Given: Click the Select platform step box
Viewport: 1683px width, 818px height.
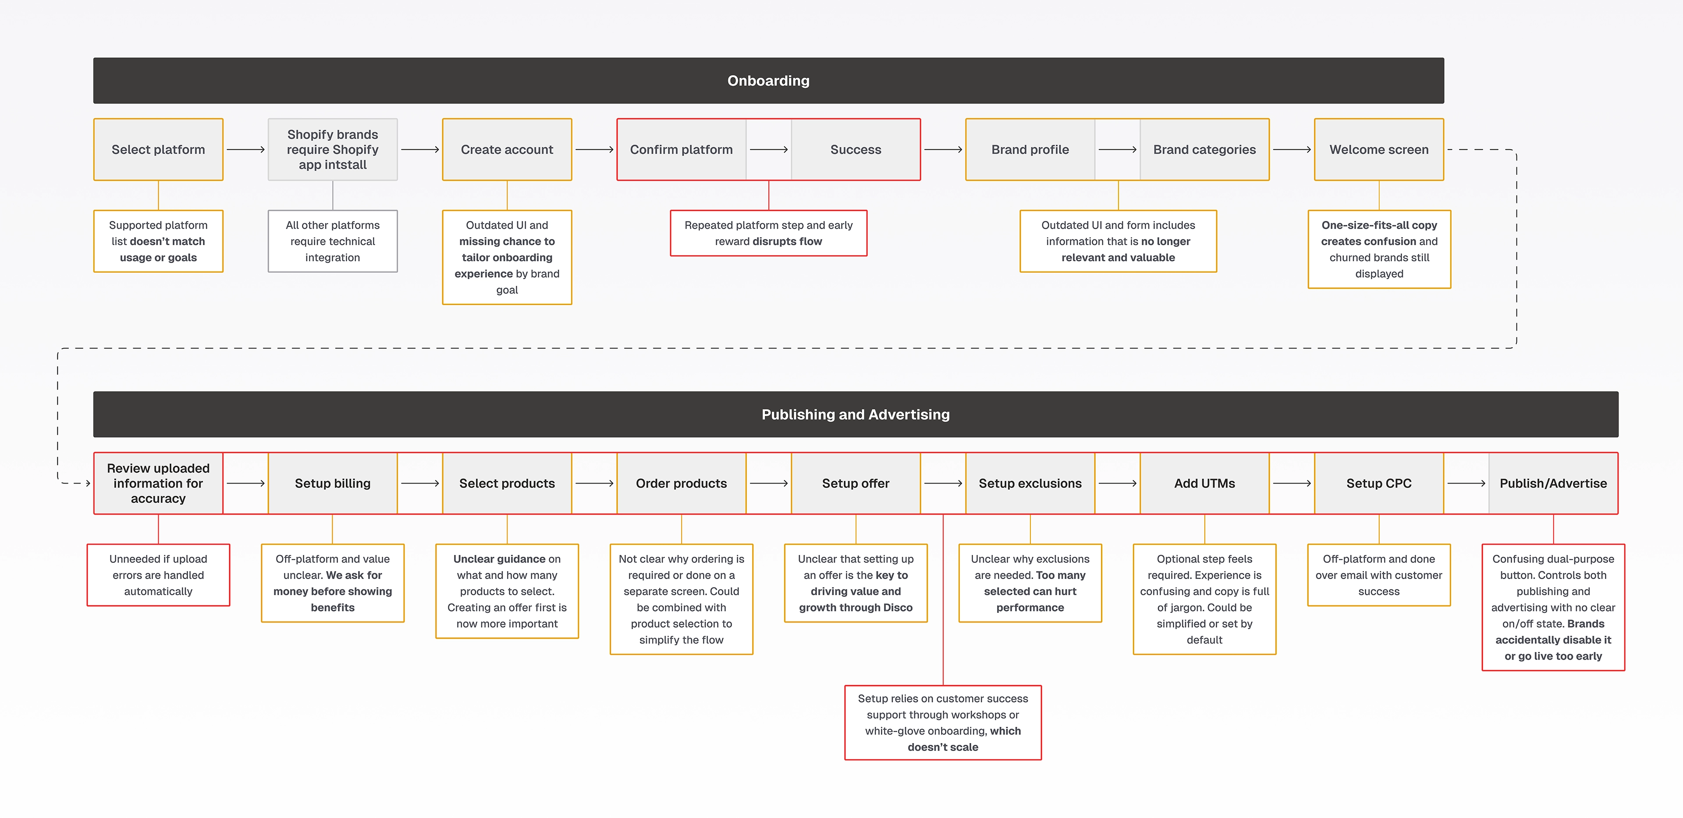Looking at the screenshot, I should coord(158,149).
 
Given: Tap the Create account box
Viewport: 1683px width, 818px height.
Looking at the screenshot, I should coord(507,149).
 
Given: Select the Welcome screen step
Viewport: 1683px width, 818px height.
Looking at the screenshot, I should coord(1378,149).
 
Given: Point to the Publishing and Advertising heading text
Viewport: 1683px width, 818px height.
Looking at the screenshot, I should coord(855,415).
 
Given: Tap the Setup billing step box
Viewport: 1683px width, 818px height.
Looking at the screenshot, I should coord(333,484).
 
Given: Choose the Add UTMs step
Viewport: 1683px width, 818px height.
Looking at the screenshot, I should coord(1204,484).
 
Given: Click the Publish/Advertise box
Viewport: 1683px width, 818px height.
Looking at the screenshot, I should coord(1553,484).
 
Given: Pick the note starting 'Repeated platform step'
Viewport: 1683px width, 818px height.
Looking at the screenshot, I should coord(768,233).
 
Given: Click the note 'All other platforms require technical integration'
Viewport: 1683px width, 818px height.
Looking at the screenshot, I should coord(333,241).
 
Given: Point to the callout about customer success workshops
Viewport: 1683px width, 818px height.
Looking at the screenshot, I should coord(943,722).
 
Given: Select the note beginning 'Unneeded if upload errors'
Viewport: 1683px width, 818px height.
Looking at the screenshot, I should coord(158,575).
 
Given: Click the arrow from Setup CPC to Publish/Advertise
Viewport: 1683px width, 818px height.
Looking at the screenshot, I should coord(1466,484).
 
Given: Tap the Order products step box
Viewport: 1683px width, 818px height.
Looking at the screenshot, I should coord(682,484).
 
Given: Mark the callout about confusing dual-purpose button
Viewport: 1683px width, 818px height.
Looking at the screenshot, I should coord(1553,607).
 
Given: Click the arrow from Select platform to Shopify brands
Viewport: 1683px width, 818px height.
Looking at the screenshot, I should coord(245,149).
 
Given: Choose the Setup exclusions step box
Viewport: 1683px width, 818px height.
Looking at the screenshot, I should coord(1030,484).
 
